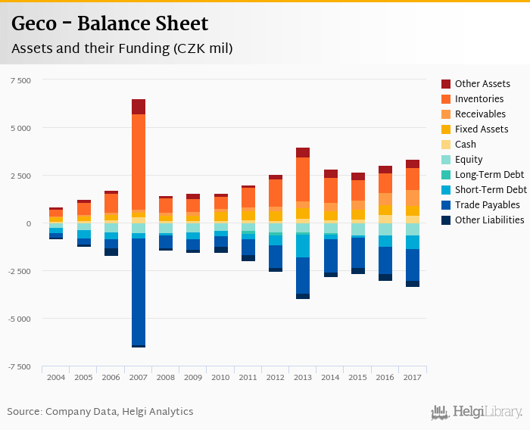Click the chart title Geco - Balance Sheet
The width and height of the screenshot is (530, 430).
[111, 23]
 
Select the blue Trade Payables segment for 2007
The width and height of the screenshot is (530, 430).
[138, 291]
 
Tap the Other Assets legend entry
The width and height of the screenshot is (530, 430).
[482, 84]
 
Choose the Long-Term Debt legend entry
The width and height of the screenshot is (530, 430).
[489, 175]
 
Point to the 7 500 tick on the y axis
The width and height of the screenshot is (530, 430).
[20, 80]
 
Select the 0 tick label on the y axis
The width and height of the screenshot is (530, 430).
[29, 223]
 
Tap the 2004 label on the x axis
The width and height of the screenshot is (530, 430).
[56, 376]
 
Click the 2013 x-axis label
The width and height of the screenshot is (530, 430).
[303, 376]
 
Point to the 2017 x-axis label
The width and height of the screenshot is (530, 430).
[413, 376]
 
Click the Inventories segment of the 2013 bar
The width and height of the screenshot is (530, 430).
[303, 179]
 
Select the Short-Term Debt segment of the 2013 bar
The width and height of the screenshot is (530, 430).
[303, 246]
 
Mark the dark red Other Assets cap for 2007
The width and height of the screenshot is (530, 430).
[138, 107]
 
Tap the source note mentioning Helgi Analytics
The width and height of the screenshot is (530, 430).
[100, 412]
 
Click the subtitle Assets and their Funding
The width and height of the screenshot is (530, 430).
[121, 48]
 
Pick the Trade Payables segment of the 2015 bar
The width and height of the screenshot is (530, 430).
[357, 253]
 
